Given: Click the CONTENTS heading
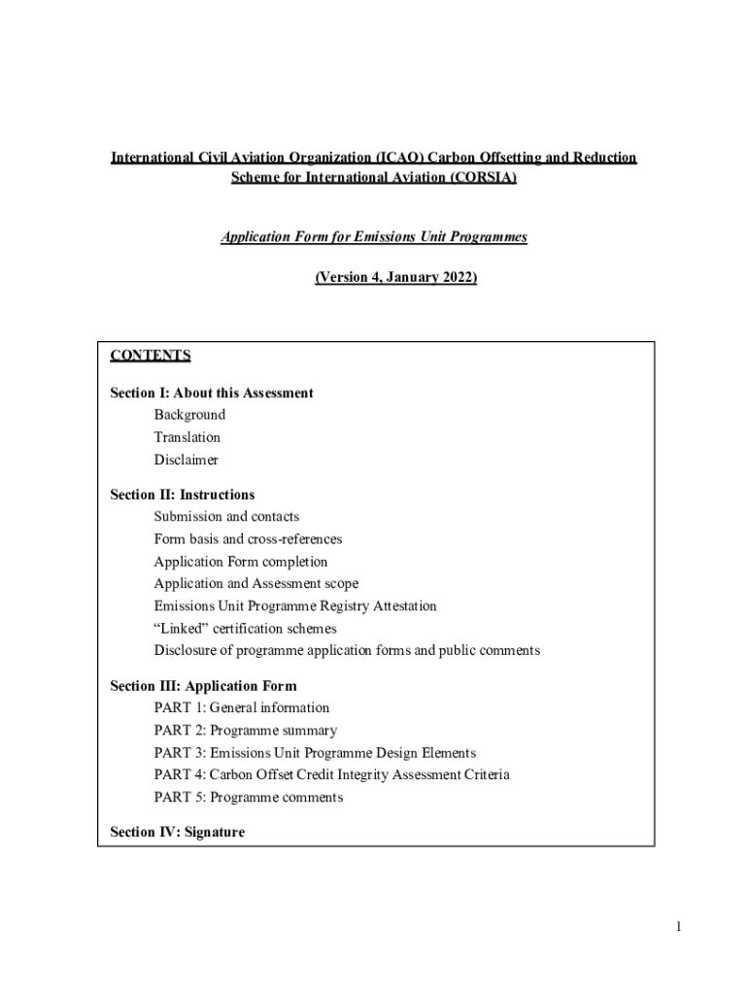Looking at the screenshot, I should coord(151,356).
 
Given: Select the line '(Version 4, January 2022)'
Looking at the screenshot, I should coord(396,278).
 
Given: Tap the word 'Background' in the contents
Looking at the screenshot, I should coord(189,415).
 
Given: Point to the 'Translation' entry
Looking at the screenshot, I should coord(187,437).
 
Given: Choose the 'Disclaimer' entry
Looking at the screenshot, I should coord(186,460).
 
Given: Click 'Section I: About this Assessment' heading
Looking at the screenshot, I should coord(212,393).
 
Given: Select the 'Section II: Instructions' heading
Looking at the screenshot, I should coord(183,495).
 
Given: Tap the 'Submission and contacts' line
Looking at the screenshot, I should coord(226,517).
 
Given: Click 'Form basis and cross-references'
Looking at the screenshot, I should coord(248,539).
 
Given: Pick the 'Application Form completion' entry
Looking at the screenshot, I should coord(241,562).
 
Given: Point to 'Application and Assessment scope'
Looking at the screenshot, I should coord(255,584).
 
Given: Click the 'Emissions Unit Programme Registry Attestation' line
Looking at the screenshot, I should coord(295,606).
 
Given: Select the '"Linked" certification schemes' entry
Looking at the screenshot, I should coord(245,629).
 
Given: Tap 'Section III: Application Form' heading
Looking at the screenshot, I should coord(204,686).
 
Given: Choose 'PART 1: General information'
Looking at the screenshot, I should coord(242,708).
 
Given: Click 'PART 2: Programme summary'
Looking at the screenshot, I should coord(246,731).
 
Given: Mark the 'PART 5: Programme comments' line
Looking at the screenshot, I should coord(249,798).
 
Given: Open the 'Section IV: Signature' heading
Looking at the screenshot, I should coord(178,832).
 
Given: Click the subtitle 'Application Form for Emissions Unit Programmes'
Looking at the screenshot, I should coord(374,237).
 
